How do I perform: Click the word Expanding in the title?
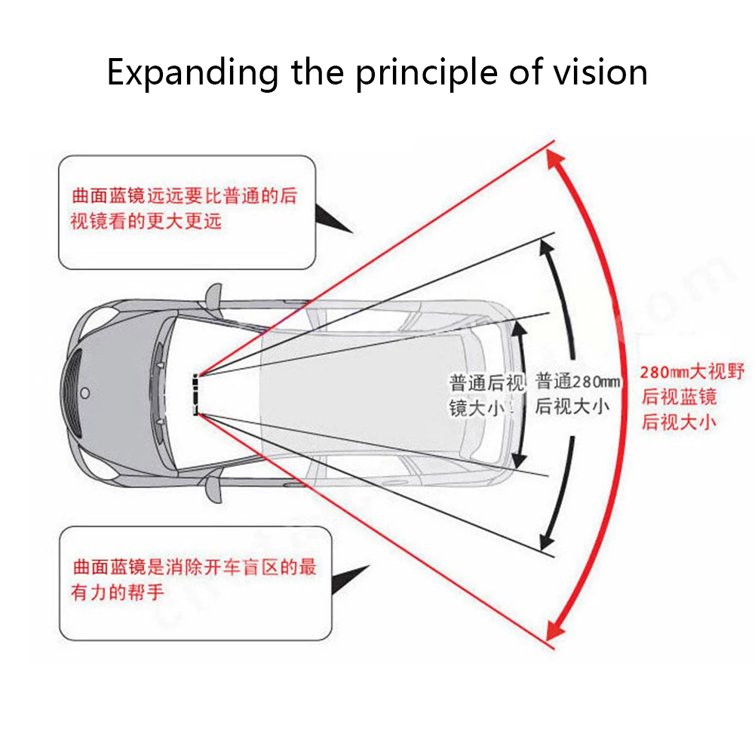pos(192,74)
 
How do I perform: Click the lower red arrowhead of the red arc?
pos(556,629)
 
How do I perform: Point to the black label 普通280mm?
pos(577,394)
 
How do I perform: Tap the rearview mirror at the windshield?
pos(195,394)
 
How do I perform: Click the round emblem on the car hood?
pos(84,393)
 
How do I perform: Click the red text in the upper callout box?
pos(185,209)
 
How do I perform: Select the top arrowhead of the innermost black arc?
pos(518,326)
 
